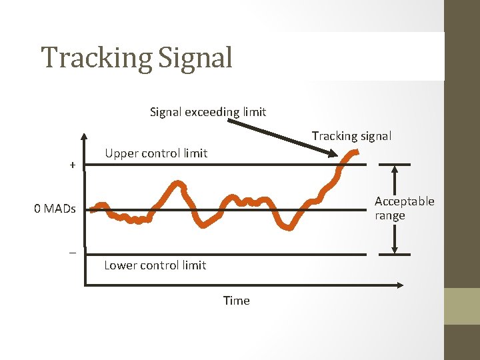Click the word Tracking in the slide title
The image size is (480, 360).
click(x=96, y=58)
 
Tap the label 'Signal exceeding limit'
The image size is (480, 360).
click(x=207, y=112)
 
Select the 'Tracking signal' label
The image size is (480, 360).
click(x=351, y=136)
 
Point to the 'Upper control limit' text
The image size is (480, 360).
click(x=156, y=153)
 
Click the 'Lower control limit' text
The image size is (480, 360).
click(x=155, y=265)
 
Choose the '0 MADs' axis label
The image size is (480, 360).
click(x=55, y=209)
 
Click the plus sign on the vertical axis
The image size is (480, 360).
click(x=72, y=165)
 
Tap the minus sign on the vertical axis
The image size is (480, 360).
click(x=72, y=253)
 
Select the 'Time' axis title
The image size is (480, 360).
click(x=236, y=301)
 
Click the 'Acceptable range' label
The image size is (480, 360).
click(x=403, y=208)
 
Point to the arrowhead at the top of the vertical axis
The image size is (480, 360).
click(x=84, y=138)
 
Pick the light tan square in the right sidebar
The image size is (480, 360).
click(x=462, y=306)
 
